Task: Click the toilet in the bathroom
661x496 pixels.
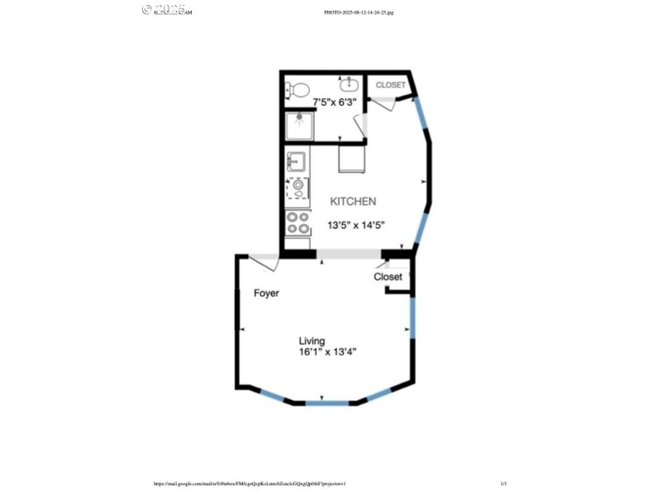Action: [299, 88]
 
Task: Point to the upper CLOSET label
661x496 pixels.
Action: [391, 85]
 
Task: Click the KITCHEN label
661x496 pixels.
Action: [354, 201]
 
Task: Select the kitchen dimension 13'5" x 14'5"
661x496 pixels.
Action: [357, 225]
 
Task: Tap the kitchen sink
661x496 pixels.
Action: [297, 160]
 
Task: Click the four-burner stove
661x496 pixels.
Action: [297, 222]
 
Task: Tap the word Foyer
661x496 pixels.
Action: [266, 293]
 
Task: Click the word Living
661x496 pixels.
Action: [311, 341]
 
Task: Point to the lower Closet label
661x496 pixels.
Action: [388, 277]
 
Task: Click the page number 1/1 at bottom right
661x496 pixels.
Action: [503, 484]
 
